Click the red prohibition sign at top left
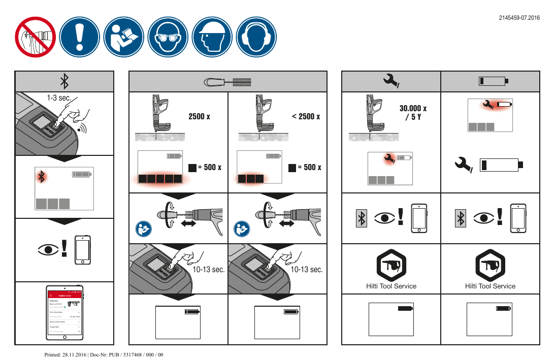pos(35,38)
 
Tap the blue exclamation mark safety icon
pos(79,38)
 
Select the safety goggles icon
pos(168,38)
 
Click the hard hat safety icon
pos(212,38)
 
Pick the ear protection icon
pos(257,38)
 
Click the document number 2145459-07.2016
pos(519,18)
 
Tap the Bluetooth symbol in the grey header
pos(64,81)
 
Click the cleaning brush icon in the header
pos(228,81)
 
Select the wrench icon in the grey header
pos(391,81)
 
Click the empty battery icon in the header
pos(493,81)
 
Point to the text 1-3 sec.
pos(58,97)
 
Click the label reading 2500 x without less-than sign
pos(200,116)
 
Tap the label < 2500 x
pos(306,116)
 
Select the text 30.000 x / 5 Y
pos(413,113)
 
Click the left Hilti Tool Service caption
pos(391,286)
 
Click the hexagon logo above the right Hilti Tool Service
pos(490,264)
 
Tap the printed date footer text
pos(104,354)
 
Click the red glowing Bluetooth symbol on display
pos(43,176)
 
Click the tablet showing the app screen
pos(64,313)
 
